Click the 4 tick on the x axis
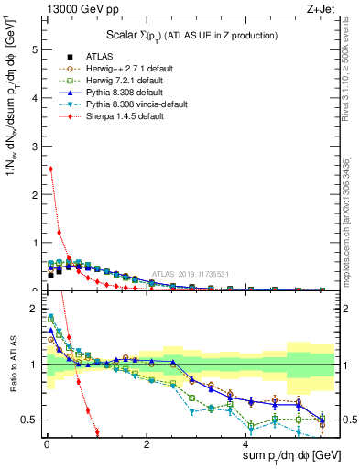(x=245, y=443)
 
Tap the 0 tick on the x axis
(x=46, y=443)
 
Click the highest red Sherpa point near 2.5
(x=50, y=169)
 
